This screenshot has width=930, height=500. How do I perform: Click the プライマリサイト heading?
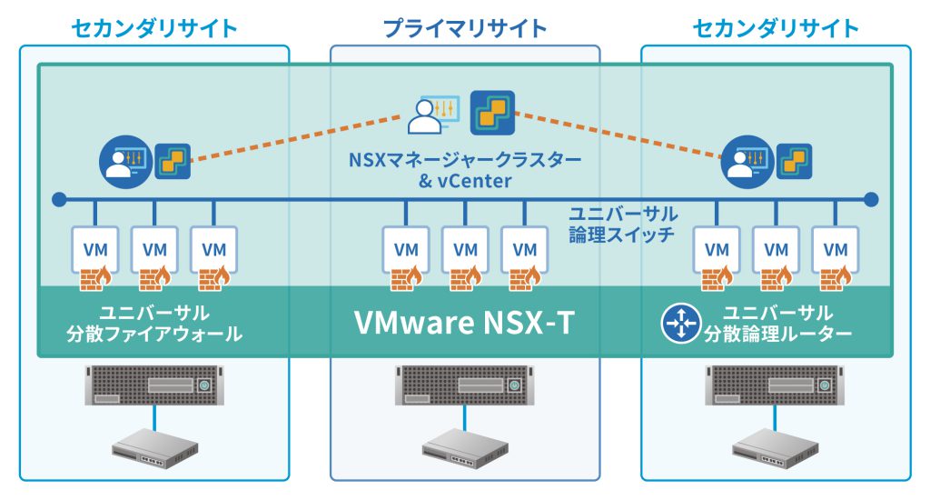[465, 28]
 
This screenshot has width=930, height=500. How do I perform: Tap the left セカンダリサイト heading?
[154, 28]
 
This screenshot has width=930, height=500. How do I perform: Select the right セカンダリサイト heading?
[776, 28]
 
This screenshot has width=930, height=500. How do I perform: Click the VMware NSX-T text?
[464, 323]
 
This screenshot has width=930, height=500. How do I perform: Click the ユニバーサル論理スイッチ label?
[623, 225]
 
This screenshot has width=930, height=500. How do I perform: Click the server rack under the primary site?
[464, 385]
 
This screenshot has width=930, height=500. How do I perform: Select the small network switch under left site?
[155, 445]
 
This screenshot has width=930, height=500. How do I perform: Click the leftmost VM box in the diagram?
[96, 248]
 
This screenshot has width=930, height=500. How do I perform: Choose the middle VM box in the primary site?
[465, 248]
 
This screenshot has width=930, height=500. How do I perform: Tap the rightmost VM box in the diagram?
[834, 248]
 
